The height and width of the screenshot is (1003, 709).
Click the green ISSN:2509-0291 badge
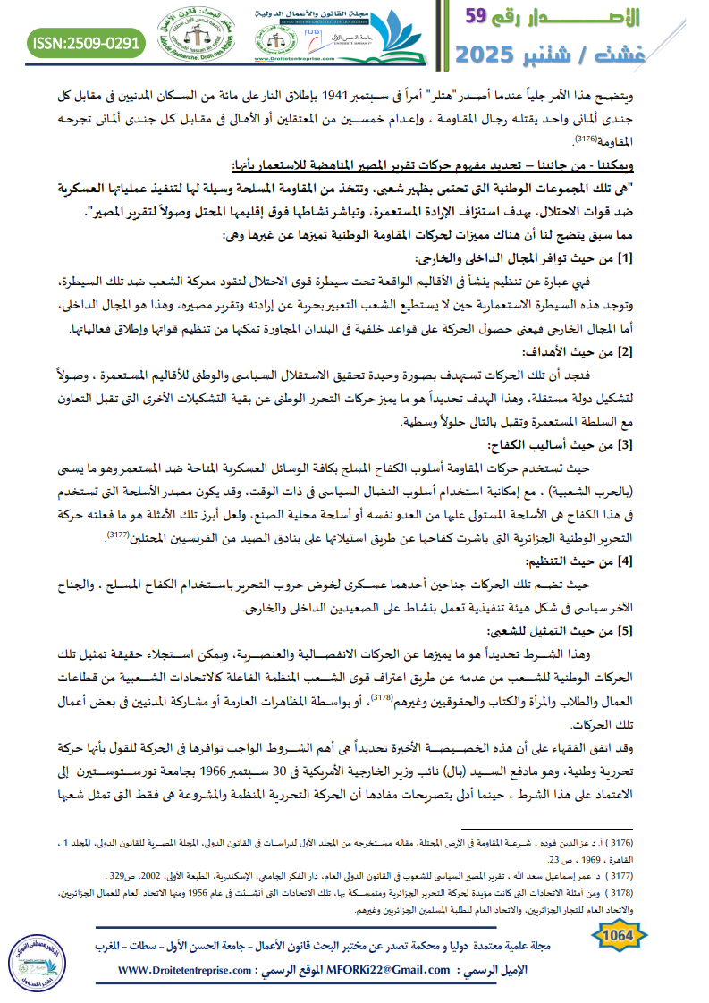pyautogui.click(x=86, y=41)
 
